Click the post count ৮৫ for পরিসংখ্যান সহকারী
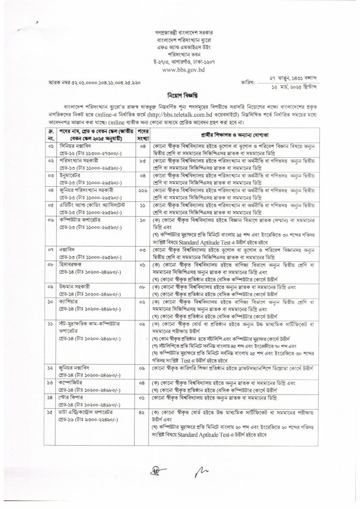143,161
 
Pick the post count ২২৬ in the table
143,190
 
